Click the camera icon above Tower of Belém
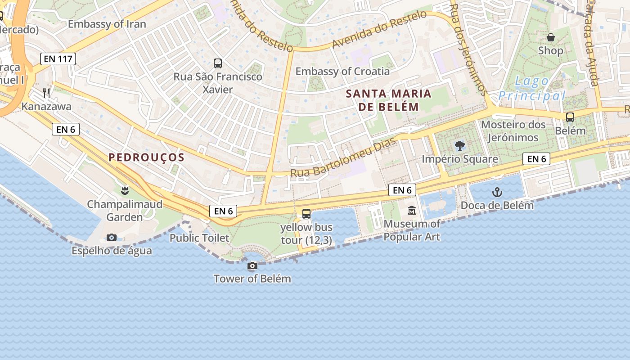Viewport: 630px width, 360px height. [252, 266]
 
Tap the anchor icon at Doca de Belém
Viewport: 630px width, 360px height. [497, 193]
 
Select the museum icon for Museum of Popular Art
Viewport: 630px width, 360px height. [412, 210]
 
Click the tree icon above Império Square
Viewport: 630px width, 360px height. [459, 145]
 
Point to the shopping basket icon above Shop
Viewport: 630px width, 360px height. [550, 37]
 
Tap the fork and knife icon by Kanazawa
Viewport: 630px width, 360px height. [46, 93]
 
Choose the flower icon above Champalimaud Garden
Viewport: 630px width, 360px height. [125, 191]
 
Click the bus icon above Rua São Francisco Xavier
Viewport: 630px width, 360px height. [218, 63]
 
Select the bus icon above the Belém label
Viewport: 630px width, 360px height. [570, 117]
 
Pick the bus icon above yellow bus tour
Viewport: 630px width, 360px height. [306, 214]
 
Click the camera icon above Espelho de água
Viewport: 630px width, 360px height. [112, 237]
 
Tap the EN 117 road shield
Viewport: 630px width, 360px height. [58, 58]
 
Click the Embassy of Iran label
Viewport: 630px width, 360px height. [107, 24]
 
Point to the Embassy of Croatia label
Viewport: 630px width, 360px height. [342, 71]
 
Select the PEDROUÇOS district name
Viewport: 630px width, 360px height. [146, 157]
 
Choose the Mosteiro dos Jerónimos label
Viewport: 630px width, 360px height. [513, 131]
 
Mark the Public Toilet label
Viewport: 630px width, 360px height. [199, 238]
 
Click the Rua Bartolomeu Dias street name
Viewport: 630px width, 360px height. [343, 157]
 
